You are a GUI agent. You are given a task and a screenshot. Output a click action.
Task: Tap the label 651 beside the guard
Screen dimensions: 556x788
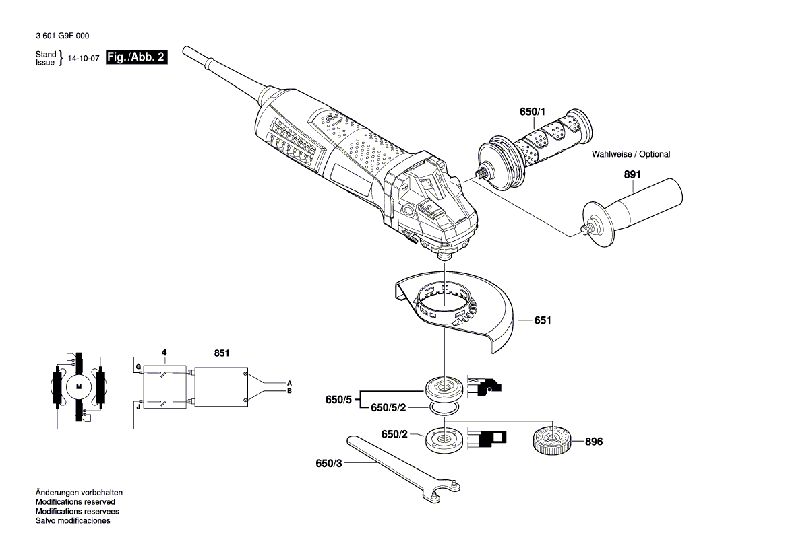click(x=543, y=321)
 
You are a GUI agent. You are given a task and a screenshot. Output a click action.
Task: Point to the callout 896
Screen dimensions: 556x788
click(x=594, y=442)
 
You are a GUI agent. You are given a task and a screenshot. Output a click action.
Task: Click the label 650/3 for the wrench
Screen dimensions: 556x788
click(x=329, y=464)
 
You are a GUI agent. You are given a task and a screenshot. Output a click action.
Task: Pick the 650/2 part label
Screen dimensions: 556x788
click(x=395, y=436)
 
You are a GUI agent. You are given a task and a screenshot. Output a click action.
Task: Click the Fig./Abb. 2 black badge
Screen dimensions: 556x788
click(x=136, y=58)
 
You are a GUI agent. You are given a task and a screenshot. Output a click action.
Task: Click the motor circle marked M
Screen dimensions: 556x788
click(x=78, y=386)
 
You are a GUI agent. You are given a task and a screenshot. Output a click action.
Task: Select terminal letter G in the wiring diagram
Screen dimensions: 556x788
click(x=138, y=367)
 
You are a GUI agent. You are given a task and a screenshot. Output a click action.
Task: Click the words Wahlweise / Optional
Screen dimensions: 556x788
click(x=631, y=155)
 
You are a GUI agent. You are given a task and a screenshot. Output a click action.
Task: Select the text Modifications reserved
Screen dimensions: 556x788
click(x=75, y=502)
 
